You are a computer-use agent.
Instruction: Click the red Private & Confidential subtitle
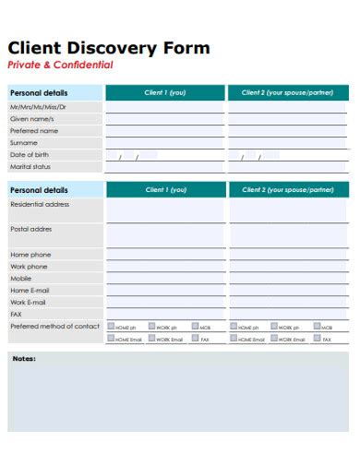click(60, 66)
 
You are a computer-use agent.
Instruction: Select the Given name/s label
click(32, 119)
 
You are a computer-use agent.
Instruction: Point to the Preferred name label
click(34, 131)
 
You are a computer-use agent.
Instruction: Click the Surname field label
click(24, 143)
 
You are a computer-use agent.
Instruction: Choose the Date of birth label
click(30, 155)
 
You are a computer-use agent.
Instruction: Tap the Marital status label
click(30, 167)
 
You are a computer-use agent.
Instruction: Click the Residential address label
click(40, 204)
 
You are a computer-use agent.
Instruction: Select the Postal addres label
click(31, 228)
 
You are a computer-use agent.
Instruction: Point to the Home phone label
click(30, 254)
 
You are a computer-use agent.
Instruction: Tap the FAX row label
click(16, 314)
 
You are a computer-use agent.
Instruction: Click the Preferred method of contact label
click(54, 326)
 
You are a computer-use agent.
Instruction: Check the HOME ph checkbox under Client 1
click(111, 326)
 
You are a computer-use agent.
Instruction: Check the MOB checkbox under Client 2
click(318, 326)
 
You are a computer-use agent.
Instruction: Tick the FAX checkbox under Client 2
click(318, 339)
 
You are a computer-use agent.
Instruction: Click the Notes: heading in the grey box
click(24, 358)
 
